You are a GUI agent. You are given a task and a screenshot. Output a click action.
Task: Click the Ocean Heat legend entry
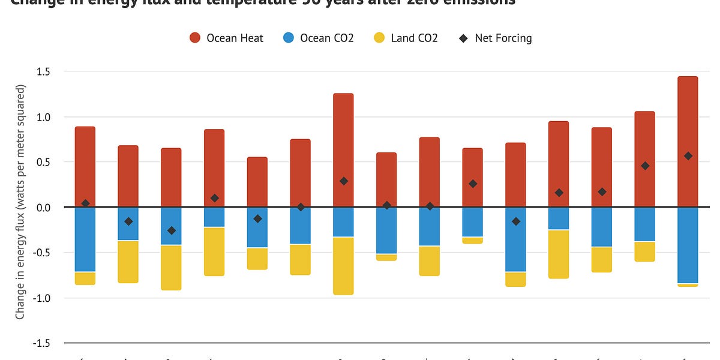tap(226, 38)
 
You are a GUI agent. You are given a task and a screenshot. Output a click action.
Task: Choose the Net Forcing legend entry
tap(496, 38)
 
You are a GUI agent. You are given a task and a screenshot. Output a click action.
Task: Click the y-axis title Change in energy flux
tap(20, 201)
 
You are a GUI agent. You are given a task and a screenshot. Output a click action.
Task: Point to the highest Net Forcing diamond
tap(688, 156)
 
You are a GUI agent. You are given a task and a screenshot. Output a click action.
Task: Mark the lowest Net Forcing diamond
tap(172, 230)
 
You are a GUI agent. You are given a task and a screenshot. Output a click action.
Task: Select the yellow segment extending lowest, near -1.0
tap(343, 266)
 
